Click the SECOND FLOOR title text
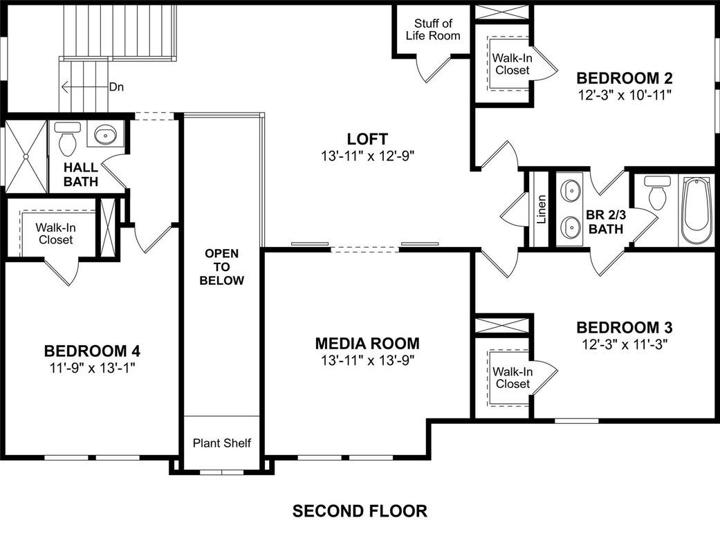click(360, 511)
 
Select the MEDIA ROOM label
click(367, 343)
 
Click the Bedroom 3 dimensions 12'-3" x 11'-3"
click(625, 342)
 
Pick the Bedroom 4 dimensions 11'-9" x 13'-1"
click(92, 367)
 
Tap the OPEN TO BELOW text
click(221, 267)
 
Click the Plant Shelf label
click(221, 443)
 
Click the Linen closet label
click(542, 208)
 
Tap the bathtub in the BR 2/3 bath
click(694, 210)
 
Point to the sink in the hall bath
click(105, 135)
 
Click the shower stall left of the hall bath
click(24, 158)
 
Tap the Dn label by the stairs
click(117, 87)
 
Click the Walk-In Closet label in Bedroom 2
click(512, 64)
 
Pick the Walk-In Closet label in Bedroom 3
click(512, 378)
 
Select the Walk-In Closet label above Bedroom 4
click(55, 233)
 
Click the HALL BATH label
click(81, 174)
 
